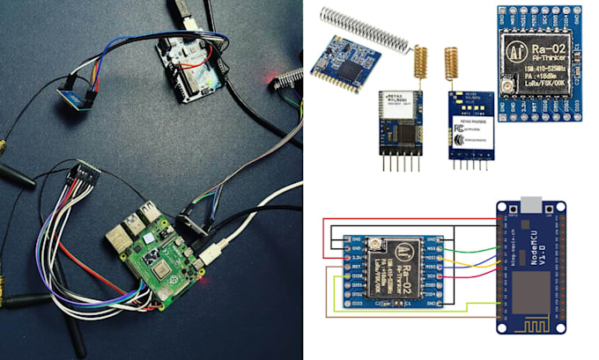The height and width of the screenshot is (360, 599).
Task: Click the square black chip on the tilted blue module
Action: (x=349, y=68)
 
